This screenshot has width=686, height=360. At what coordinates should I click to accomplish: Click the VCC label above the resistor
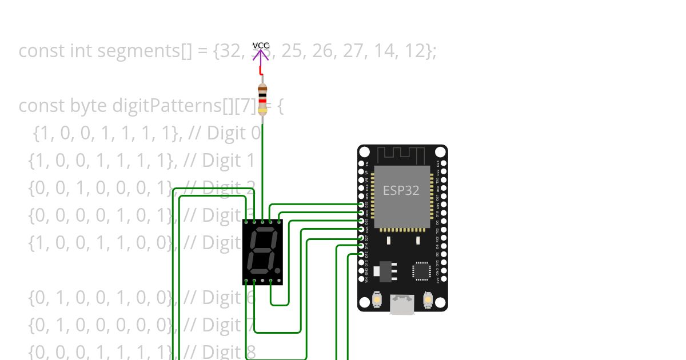[x=261, y=45]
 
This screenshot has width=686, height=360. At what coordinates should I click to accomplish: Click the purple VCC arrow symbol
[x=261, y=55]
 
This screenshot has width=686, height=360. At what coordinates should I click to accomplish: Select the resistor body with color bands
[x=262, y=99]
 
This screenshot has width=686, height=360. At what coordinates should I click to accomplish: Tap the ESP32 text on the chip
[x=401, y=191]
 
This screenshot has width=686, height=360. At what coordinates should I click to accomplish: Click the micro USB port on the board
[x=402, y=305]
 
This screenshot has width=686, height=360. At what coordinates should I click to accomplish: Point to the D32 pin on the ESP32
[x=361, y=204]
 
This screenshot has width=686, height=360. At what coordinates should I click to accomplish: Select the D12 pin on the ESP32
[x=361, y=253]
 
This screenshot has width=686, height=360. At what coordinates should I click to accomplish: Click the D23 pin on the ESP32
[x=444, y=163]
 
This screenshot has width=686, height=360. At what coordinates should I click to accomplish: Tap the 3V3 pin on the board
[x=444, y=279]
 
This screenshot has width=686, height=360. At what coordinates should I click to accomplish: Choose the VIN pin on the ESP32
[x=361, y=279]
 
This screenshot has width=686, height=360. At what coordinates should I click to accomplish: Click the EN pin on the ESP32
[x=361, y=163]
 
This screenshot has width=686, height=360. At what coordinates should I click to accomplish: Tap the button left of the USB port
[x=377, y=299]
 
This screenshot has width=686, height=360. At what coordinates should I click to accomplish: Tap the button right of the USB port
[x=428, y=299]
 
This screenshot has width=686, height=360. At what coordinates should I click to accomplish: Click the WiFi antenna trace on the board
[x=402, y=154]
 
